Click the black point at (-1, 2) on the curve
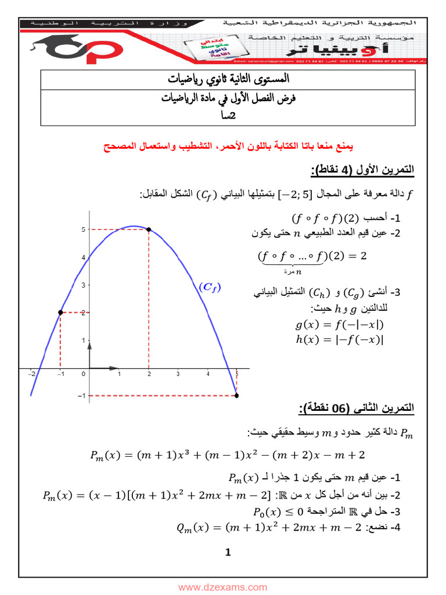[60, 313]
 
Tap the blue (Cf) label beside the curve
[210, 286]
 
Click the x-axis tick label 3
[178, 374]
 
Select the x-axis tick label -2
[31, 374]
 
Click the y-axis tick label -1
[82, 396]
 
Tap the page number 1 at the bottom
[228, 552]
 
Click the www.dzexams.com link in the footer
[222, 587]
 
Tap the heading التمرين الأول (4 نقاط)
[363, 170]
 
